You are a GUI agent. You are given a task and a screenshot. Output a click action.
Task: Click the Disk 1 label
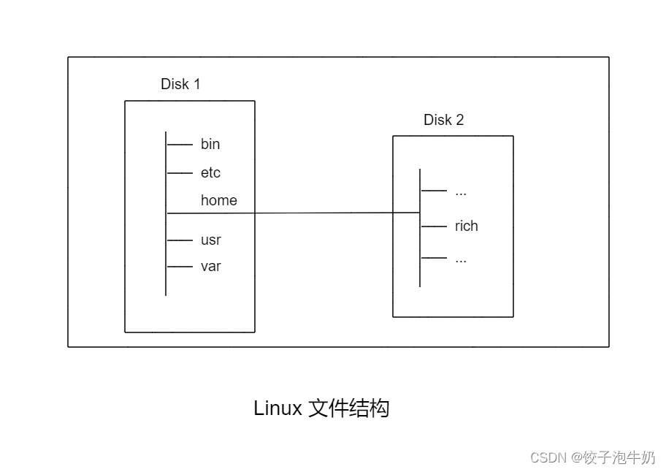(180, 84)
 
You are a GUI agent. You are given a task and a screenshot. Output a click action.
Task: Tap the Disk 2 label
(443, 120)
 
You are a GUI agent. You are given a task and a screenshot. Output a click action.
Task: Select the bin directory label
(210, 144)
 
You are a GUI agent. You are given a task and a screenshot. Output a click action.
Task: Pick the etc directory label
(210, 173)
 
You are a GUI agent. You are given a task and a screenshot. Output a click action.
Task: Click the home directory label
(219, 200)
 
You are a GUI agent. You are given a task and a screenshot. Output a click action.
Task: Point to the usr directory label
(211, 240)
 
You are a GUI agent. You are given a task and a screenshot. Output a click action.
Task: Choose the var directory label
(211, 266)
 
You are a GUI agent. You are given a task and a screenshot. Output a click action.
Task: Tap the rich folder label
(466, 226)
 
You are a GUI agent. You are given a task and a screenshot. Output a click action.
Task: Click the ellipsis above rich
(461, 192)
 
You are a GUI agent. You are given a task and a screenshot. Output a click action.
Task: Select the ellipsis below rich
(461, 259)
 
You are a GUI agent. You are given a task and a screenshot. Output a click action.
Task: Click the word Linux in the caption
(277, 408)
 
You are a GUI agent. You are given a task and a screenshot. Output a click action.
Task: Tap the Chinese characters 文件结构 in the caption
(349, 408)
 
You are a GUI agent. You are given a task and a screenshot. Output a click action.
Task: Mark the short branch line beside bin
(180, 145)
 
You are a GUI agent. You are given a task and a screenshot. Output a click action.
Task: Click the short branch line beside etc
(180, 173)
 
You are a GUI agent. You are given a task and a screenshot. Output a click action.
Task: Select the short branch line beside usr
(180, 240)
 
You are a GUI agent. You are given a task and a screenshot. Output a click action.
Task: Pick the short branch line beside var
(180, 267)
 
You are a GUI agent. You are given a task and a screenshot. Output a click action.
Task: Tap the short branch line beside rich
(434, 227)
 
